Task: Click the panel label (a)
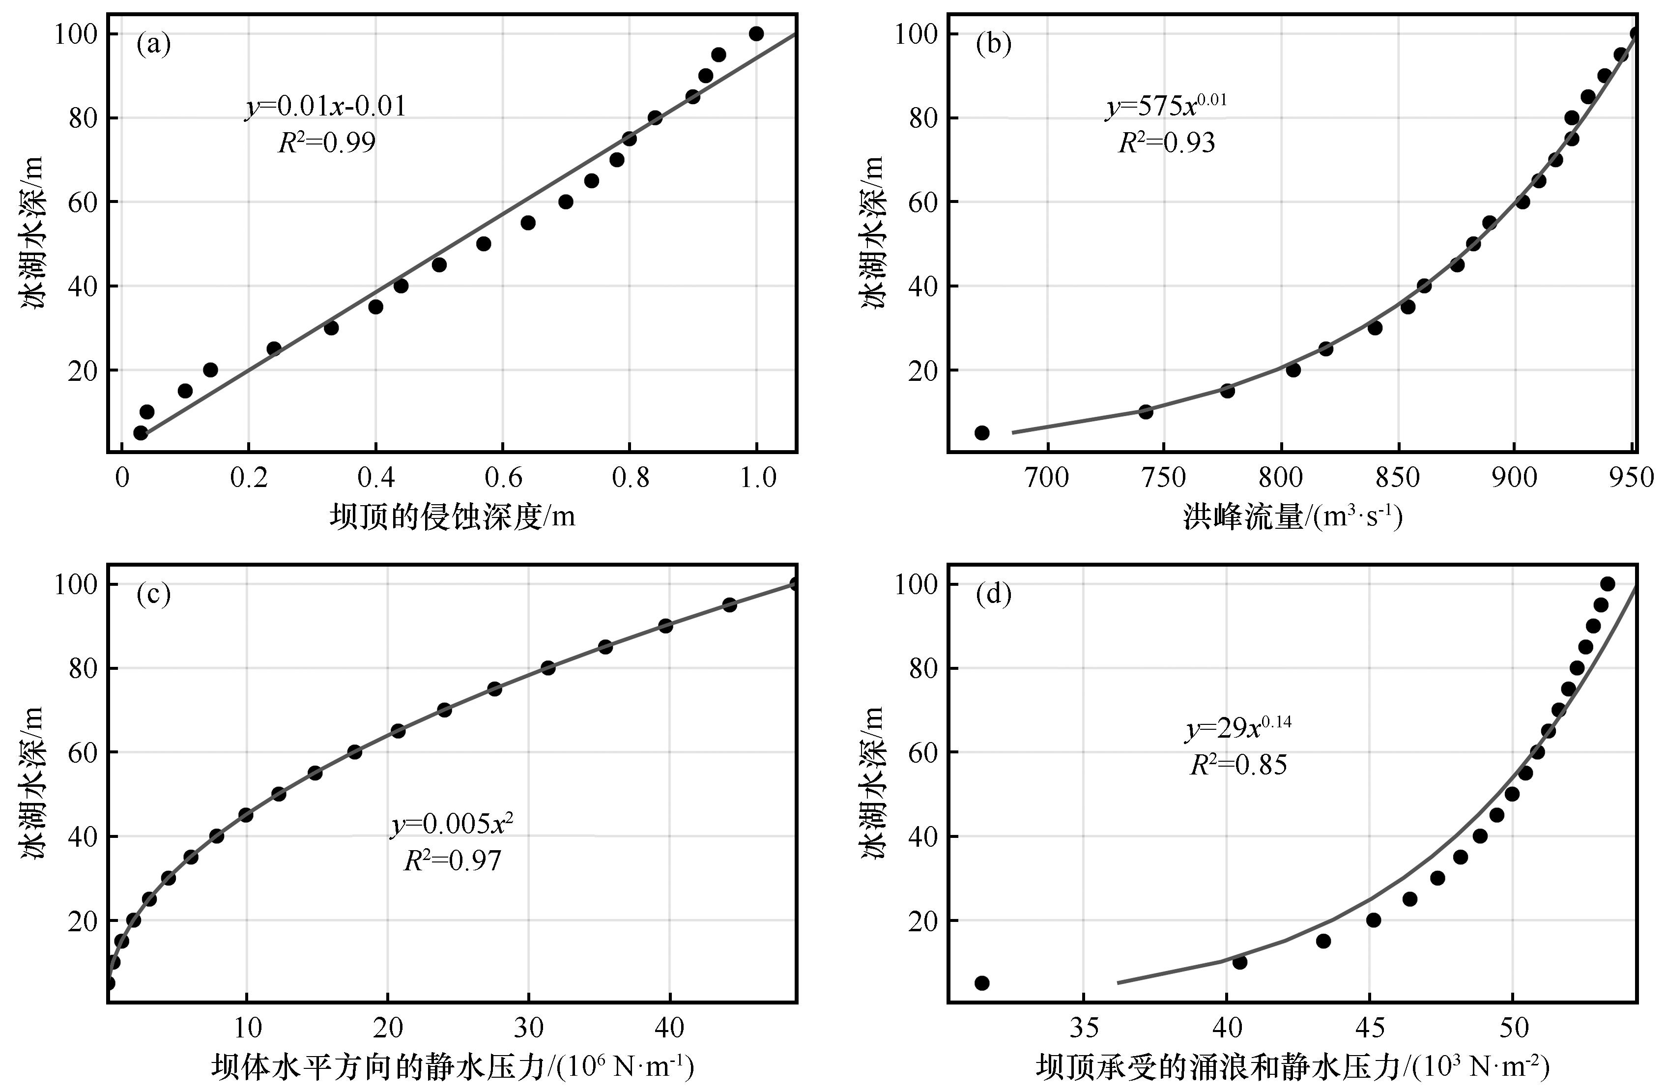pyautogui.click(x=153, y=45)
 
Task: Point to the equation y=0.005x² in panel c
pyautogui.click(x=452, y=825)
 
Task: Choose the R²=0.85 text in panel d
pyautogui.click(x=1238, y=765)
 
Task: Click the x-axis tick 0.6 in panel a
pyautogui.click(x=503, y=478)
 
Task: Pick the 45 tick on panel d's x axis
pyautogui.click(x=1370, y=1028)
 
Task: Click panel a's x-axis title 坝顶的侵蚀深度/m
pyautogui.click(x=452, y=516)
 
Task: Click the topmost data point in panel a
pyautogui.click(x=756, y=33)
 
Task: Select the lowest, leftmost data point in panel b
pyautogui.click(x=981, y=432)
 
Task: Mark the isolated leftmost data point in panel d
pyautogui.click(x=981, y=983)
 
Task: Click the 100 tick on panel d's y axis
pyautogui.click(x=916, y=584)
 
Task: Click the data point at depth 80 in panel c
pyautogui.click(x=548, y=668)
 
